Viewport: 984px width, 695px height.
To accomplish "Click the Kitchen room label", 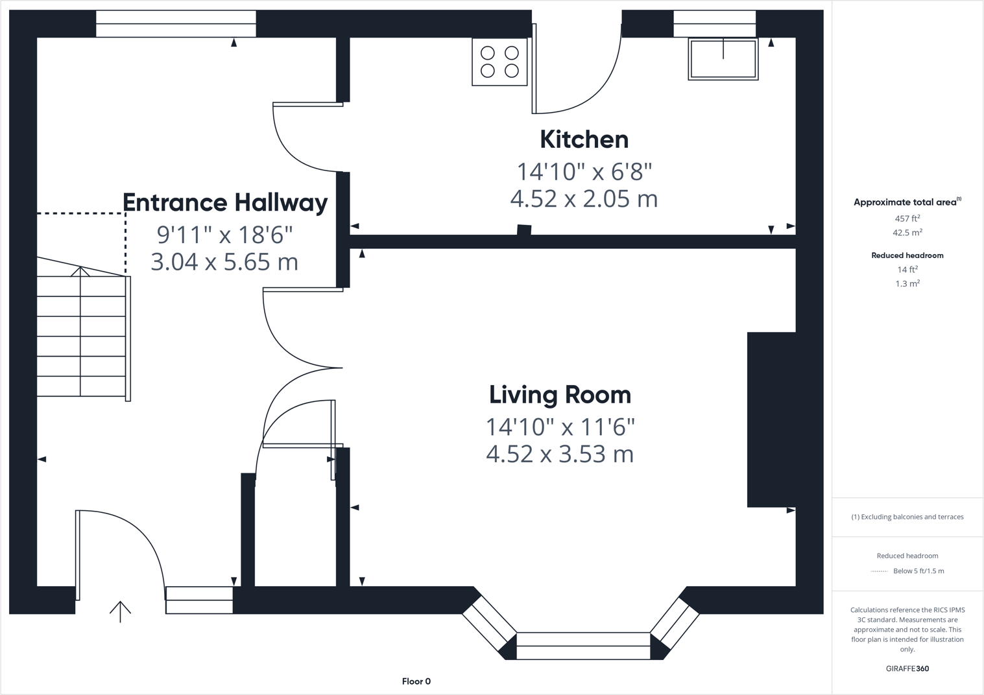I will pyautogui.click(x=584, y=139).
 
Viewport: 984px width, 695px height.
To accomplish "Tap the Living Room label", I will pyautogui.click(x=560, y=395).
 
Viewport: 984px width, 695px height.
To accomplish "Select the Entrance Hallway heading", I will pyautogui.click(x=225, y=203).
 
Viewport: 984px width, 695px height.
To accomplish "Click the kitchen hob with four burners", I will pyautogui.click(x=499, y=62).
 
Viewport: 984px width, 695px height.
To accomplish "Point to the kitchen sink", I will pyautogui.click(x=723, y=59).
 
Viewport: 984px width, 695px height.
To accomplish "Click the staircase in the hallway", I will pyautogui.click(x=81, y=336).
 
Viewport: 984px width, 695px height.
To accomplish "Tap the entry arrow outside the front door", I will pyautogui.click(x=120, y=611).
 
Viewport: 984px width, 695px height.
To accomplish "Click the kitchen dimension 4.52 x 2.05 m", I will pyautogui.click(x=584, y=198).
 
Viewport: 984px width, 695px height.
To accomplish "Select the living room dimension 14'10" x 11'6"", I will pyautogui.click(x=560, y=427).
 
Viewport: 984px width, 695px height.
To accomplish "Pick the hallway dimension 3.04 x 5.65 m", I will pyautogui.click(x=224, y=262).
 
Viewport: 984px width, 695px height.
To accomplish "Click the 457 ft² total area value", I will pyautogui.click(x=907, y=218).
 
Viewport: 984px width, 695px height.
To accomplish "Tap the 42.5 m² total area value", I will pyautogui.click(x=907, y=233).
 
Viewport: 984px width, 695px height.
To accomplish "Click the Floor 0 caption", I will pyautogui.click(x=416, y=681).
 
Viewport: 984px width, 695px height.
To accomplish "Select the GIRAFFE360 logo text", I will pyautogui.click(x=907, y=668).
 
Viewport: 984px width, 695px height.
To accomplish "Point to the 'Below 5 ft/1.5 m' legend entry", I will pyautogui.click(x=918, y=571).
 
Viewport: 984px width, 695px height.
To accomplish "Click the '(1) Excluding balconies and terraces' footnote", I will pyautogui.click(x=907, y=517).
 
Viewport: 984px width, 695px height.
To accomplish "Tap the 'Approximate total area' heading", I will pyautogui.click(x=906, y=202).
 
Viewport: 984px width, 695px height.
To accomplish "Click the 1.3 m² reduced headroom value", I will pyautogui.click(x=907, y=284).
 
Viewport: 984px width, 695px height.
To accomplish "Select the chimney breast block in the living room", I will pyautogui.click(x=771, y=419).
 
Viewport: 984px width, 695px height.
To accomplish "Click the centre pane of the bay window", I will pyautogui.click(x=582, y=646).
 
